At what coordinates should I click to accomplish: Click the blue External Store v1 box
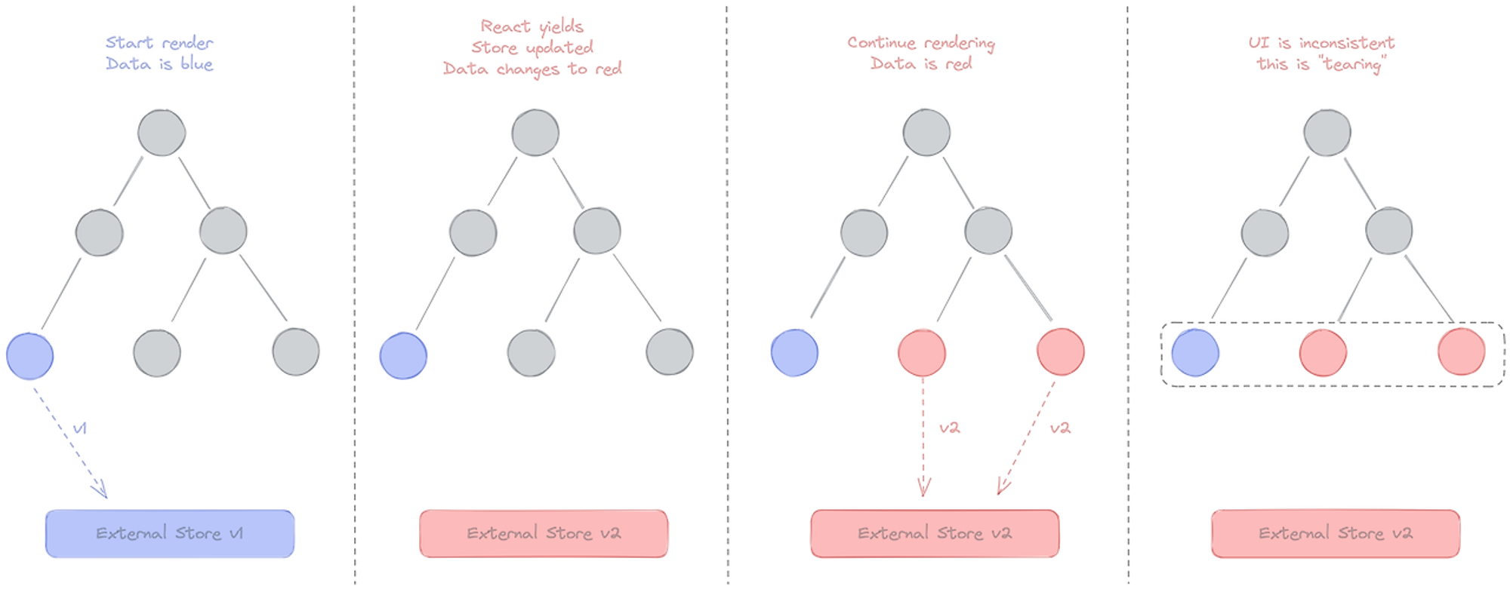point(170,534)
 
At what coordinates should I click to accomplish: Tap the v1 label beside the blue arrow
point(80,428)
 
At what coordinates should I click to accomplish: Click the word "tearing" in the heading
point(1354,65)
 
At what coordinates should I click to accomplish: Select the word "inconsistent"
point(1347,42)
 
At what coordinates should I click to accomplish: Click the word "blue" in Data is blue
point(196,63)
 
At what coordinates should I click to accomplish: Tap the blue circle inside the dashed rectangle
point(1195,352)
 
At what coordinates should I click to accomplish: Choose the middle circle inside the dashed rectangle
point(1323,352)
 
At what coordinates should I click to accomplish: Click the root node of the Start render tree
point(162,133)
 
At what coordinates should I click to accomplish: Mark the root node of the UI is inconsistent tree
point(1327,133)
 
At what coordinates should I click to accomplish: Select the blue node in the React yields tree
point(403,355)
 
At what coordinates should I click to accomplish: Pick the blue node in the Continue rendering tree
point(794,352)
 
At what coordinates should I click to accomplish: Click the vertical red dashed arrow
point(923,437)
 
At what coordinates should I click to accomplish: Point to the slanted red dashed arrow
point(1027,438)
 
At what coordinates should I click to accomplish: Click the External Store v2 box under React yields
point(544,534)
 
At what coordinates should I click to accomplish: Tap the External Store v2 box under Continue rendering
point(935,534)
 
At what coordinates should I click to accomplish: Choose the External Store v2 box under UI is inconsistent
point(1336,534)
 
